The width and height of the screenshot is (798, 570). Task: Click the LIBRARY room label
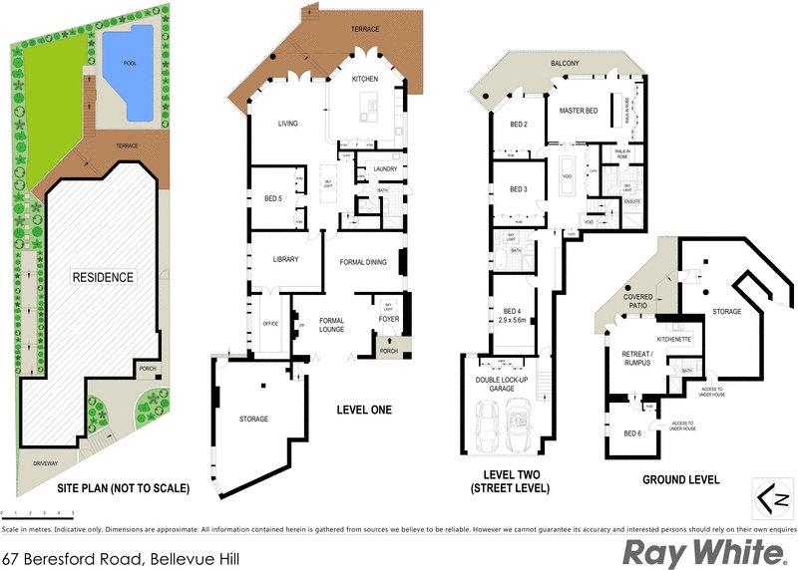coord(285,259)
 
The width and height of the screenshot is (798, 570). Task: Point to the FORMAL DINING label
coord(363,262)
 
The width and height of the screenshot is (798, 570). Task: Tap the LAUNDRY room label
coord(385,169)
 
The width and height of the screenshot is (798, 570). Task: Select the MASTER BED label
coord(578,111)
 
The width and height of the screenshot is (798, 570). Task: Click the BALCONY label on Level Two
coord(565,64)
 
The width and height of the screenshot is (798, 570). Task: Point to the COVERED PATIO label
coord(638,301)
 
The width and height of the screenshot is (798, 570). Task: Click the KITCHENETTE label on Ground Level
coord(675,340)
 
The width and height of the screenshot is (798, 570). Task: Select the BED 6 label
coord(631,432)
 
